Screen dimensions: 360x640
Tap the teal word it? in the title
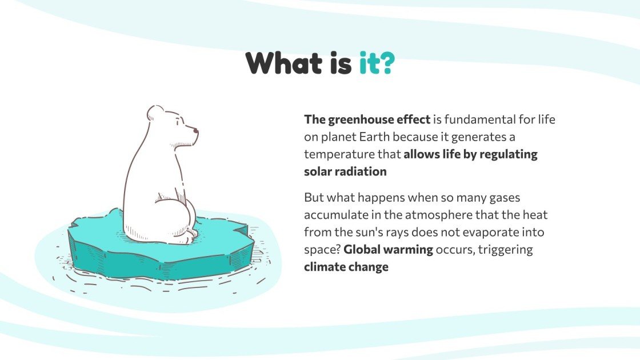pos(377,63)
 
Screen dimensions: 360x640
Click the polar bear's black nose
pos(196,131)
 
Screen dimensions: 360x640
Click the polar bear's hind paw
pos(190,233)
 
